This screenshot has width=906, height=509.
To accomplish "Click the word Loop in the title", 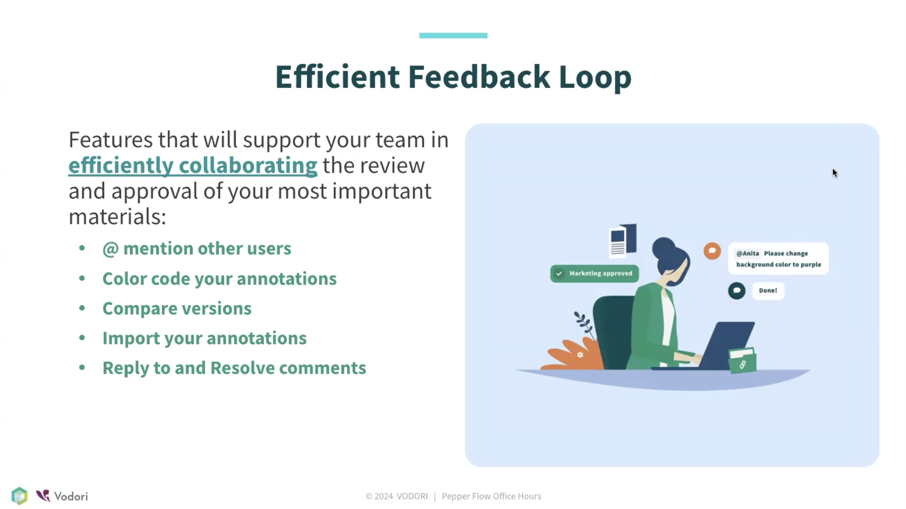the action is (595, 78).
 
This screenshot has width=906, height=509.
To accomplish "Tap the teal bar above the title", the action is (453, 35).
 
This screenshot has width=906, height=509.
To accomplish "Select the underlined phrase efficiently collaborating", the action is (193, 165).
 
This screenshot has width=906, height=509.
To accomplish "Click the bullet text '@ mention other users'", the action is (197, 249).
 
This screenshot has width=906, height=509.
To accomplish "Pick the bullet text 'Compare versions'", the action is (177, 308).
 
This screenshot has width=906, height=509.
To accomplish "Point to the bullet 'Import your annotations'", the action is (204, 338).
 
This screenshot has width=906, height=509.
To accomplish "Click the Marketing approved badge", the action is (594, 274).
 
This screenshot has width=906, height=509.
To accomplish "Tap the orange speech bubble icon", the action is (712, 251).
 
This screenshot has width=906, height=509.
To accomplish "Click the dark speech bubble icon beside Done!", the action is (736, 291).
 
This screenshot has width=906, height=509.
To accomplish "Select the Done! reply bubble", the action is (768, 291).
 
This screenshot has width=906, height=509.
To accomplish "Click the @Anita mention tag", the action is (747, 254).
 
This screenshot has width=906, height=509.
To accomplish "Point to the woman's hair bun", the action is (663, 246).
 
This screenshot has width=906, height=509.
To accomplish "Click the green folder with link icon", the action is (742, 360).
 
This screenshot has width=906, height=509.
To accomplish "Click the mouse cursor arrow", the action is (835, 173).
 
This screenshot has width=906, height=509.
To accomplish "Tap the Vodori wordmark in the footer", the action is (71, 496).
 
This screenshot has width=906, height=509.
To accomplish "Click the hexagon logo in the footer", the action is (19, 496).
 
